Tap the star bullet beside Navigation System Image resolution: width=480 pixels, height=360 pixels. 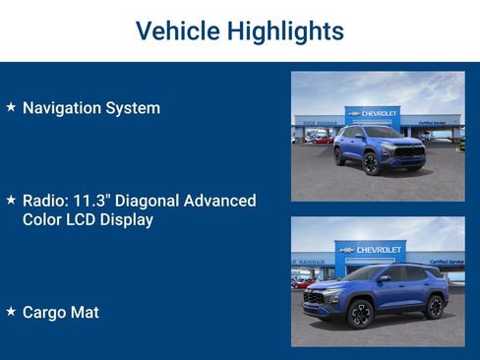(x=11, y=106)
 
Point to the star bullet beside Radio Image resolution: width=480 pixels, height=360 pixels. (x=11, y=200)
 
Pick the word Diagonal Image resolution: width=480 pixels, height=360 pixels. (x=156, y=201)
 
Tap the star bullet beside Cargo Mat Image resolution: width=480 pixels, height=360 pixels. (x=11, y=311)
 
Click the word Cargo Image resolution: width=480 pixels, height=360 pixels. (x=45, y=313)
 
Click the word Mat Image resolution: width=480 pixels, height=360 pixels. (x=86, y=313)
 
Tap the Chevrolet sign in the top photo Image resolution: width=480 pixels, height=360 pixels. (x=373, y=113)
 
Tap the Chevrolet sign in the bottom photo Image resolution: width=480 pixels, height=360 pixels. (x=372, y=250)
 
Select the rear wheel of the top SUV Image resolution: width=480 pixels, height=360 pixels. (x=339, y=155)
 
